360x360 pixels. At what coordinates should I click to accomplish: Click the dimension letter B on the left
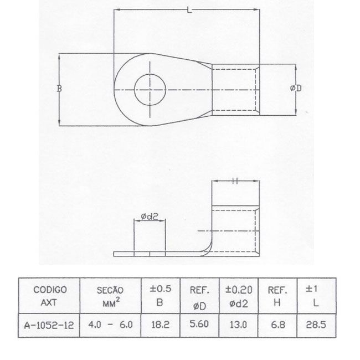coord(59,89)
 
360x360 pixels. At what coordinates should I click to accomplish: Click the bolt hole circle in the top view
coord(150,89)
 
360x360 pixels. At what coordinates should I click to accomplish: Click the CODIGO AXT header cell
coord(50,295)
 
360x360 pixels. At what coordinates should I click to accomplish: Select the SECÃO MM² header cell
coord(111,295)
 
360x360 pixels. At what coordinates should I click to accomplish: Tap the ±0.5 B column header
coord(161,295)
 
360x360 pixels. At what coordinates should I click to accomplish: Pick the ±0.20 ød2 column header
coord(239,295)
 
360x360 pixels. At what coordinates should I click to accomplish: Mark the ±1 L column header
coord(316,295)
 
